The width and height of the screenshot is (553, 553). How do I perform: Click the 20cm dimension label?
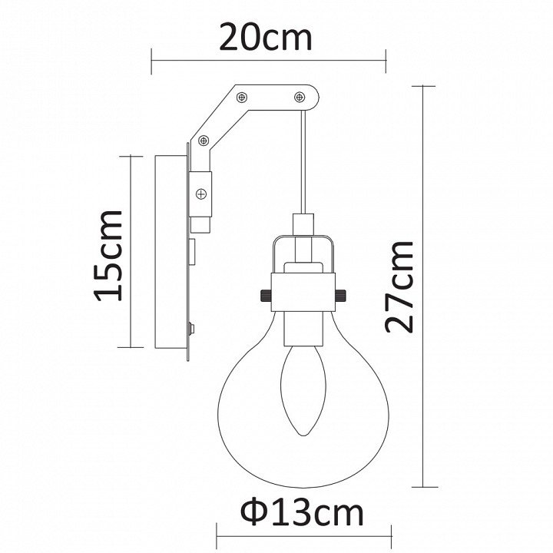tap(266, 38)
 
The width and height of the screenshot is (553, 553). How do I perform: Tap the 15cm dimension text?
tap(108, 256)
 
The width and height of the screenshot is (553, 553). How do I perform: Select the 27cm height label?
tap(399, 287)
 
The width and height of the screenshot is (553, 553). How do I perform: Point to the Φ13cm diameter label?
tap(302, 513)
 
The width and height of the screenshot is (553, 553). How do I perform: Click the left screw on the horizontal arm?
tap(242, 97)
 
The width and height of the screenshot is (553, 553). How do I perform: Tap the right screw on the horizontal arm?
tap(300, 96)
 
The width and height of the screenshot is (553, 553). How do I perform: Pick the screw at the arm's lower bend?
tap(204, 141)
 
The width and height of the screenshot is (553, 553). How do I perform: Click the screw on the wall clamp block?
tap(201, 194)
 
